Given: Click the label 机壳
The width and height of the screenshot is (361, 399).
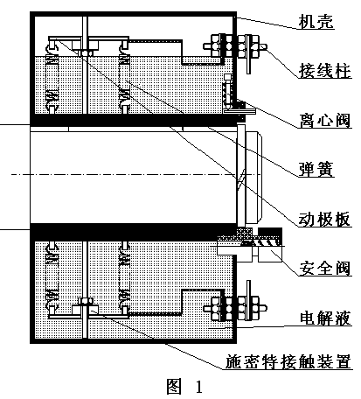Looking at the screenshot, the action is pos(316,21).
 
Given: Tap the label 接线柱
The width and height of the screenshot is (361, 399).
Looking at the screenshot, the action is pos(325,70).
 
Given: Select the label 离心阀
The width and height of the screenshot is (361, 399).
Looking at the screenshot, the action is pos(325,120).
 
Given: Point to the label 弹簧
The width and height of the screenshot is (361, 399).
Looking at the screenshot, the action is pos(316,169).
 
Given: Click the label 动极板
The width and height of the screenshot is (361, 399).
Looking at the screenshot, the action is pos(325,219).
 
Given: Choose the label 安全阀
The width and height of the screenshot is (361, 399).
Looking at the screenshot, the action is pos(325,268).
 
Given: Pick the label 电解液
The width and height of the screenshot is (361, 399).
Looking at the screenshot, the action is pos(325,318).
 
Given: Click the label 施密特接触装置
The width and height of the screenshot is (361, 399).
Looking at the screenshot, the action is pos(288,361).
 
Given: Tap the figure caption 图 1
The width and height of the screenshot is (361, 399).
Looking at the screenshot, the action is pos(184,387).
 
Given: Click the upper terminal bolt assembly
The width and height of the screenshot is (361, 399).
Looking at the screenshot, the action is pos(235,46).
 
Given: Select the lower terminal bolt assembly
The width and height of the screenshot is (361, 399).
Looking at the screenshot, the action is pos(235,308).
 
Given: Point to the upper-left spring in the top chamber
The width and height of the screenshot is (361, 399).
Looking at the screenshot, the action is pos(52,76).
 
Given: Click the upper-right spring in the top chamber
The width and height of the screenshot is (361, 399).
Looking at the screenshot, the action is pos(124,76).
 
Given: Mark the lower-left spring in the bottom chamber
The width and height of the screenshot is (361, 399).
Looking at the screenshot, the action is pos(52,278).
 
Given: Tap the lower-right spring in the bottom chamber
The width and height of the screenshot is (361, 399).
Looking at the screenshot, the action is pos(124,278).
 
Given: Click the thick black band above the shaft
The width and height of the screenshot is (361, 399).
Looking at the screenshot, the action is pos(134,120).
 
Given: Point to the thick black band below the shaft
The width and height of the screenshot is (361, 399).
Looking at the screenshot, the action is pos(134,232).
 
